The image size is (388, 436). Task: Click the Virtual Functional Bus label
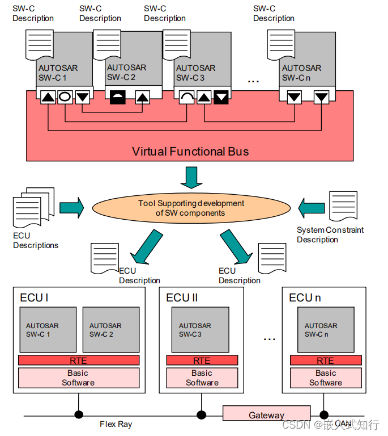(x=190, y=152)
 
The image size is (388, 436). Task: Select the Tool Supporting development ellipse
(x=191, y=208)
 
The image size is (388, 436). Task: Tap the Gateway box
(x=266, y=414)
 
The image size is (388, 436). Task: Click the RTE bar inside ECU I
(x=78, y=360)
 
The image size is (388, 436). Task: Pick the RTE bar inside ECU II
(x=202, y=360)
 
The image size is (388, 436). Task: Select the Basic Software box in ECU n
(x=325, y=378)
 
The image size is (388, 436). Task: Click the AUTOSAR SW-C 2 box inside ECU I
(x=111, y=330)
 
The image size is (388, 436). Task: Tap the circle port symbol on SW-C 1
(x=65, y=97)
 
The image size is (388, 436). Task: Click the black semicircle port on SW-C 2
(x=118, y=97)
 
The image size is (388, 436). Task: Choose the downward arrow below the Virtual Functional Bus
(x=191, y=178)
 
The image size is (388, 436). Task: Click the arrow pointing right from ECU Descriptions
(x=71, y=207)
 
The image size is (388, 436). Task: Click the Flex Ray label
(x=116, y=424)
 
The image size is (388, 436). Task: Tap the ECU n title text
(x=305, y=297)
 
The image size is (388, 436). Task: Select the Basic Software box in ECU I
(x=78, y=378)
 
